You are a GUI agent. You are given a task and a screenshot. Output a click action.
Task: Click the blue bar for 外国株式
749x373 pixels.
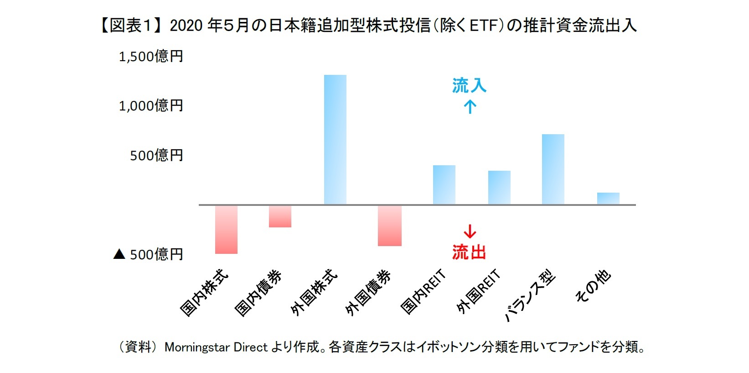335,139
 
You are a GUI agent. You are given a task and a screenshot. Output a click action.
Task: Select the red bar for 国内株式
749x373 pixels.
226,229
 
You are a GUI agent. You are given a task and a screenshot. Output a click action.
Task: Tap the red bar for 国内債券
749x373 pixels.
280,216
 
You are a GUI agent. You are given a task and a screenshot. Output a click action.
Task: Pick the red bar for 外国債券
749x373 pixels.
390,226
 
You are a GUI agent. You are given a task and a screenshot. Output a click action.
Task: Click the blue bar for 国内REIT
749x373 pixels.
444,184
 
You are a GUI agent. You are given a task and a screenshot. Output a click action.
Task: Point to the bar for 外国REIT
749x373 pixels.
499,187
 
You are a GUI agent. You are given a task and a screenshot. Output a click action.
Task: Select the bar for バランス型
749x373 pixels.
553,169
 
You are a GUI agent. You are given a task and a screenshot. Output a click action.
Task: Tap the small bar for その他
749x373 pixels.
608,198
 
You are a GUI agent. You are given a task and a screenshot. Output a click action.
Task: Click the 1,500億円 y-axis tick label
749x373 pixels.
151,57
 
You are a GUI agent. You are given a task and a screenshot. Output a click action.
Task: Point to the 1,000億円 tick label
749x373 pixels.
151,106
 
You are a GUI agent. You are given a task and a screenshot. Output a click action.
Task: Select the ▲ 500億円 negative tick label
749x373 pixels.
148,254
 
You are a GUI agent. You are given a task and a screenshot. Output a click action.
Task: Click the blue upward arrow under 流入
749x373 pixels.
470,107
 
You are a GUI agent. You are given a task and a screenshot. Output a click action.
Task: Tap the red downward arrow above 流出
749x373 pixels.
470,231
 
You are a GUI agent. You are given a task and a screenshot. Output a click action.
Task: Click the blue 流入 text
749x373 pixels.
469,85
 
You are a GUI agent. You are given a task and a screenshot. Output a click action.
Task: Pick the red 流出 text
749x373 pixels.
469,252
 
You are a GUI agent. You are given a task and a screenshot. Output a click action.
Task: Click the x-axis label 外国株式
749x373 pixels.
314,292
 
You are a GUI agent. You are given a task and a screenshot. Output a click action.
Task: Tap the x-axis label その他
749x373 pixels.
593,286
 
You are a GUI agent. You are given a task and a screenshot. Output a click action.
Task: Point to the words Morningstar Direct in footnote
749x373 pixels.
216,347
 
